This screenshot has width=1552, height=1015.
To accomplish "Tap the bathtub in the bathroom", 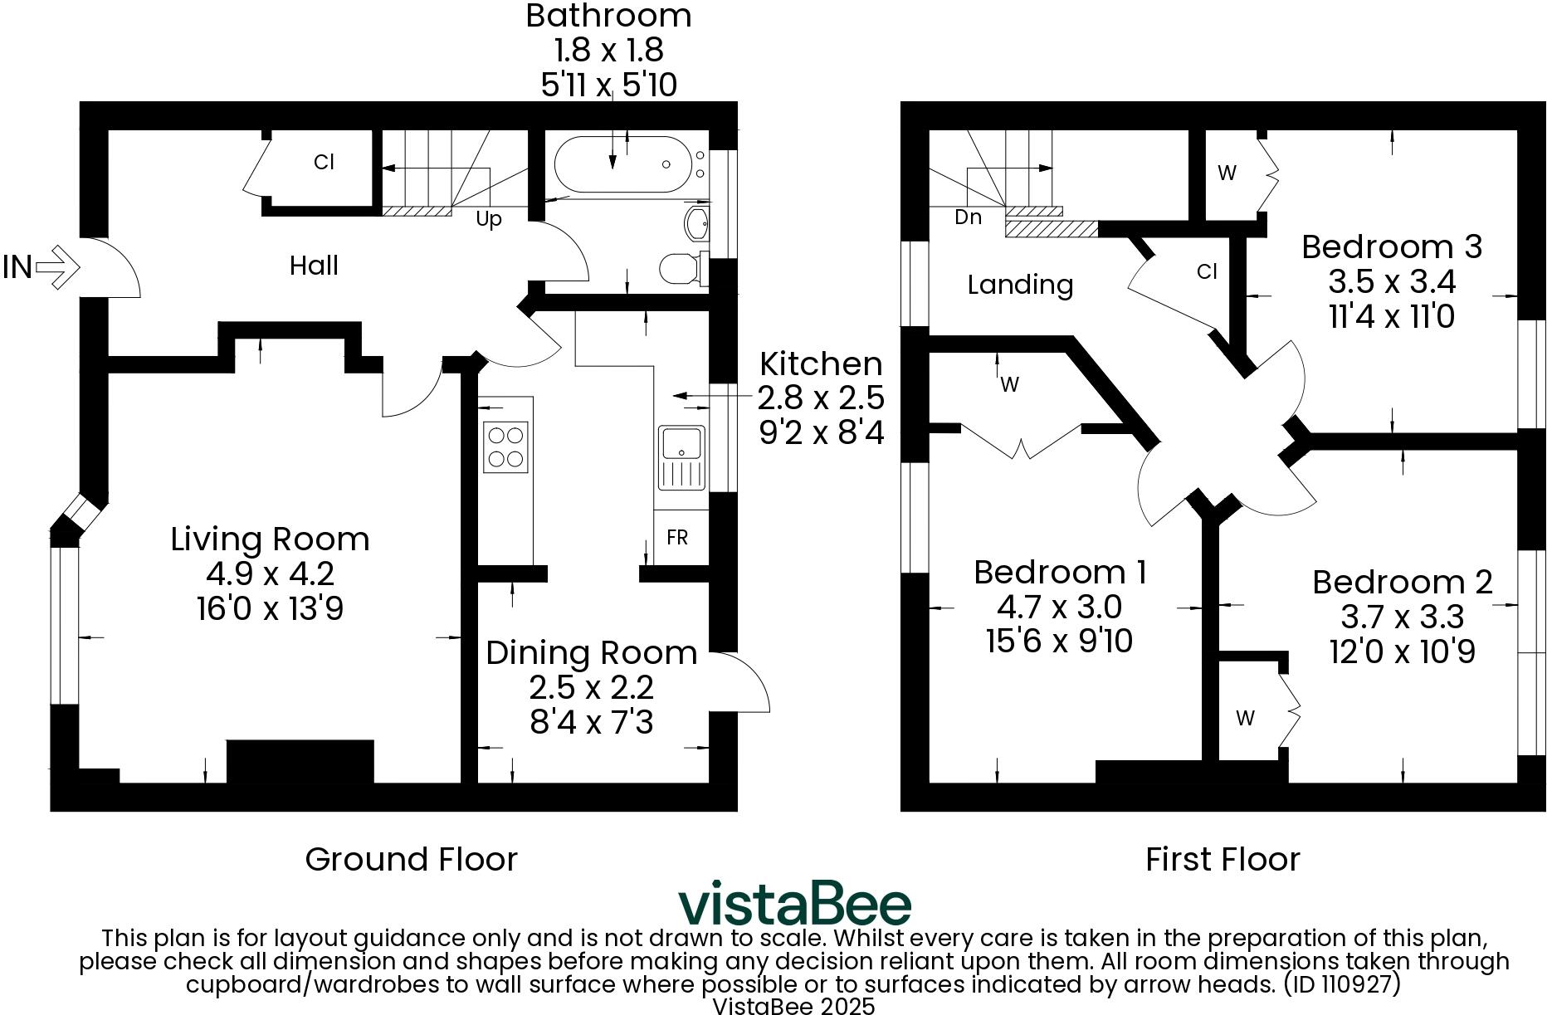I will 621,164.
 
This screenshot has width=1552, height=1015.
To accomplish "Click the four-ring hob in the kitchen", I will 505,447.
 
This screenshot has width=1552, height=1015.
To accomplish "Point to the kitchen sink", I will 681,457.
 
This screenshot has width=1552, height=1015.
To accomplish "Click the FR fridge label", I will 677,538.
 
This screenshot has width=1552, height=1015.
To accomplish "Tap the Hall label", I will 314,266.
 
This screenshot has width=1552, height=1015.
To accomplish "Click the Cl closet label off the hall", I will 324,162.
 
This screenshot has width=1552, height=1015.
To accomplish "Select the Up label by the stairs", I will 489,220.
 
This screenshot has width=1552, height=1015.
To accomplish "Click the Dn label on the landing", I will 968,217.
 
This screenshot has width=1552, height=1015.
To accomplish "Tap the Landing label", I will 1020,285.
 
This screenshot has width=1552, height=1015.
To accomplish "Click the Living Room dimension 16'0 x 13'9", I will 270,609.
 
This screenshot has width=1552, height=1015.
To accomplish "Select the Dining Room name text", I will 591,653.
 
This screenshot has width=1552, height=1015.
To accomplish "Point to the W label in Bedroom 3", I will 1227,173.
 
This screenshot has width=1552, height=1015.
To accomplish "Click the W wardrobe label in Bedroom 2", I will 1245,718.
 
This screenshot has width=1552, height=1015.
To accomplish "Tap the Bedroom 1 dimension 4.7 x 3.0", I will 1059,607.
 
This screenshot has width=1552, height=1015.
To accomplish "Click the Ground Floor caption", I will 411,859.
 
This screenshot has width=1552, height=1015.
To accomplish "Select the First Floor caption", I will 1222,859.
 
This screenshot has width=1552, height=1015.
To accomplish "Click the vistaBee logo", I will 794,904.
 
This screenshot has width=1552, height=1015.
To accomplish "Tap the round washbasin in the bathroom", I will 695,222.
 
